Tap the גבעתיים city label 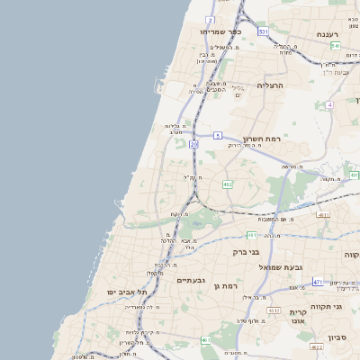[191, 280]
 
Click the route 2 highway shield [210, 19]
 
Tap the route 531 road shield [263, 31]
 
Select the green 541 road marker [335, 45]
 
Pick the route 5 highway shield [217, 136]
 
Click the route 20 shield [193, 144]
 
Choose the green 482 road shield [228, 184]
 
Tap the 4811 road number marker [323, 215]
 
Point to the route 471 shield [318, 282]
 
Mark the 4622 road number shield [316, 346]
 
